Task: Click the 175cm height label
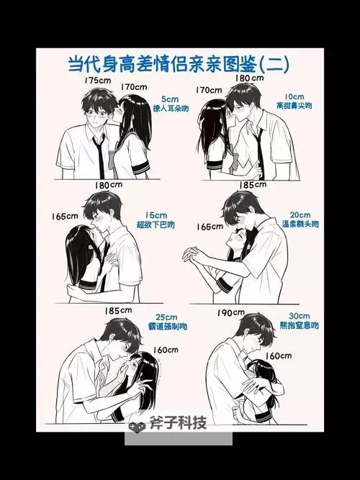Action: coord(96,80)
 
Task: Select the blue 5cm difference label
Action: coord(170,98)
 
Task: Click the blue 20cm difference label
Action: coord(300,214)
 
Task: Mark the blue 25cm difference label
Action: coord(166,317)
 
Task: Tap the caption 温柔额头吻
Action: coord(300,225)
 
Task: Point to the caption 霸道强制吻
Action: coord(166,327)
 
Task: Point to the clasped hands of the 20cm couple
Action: coord(193,254)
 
